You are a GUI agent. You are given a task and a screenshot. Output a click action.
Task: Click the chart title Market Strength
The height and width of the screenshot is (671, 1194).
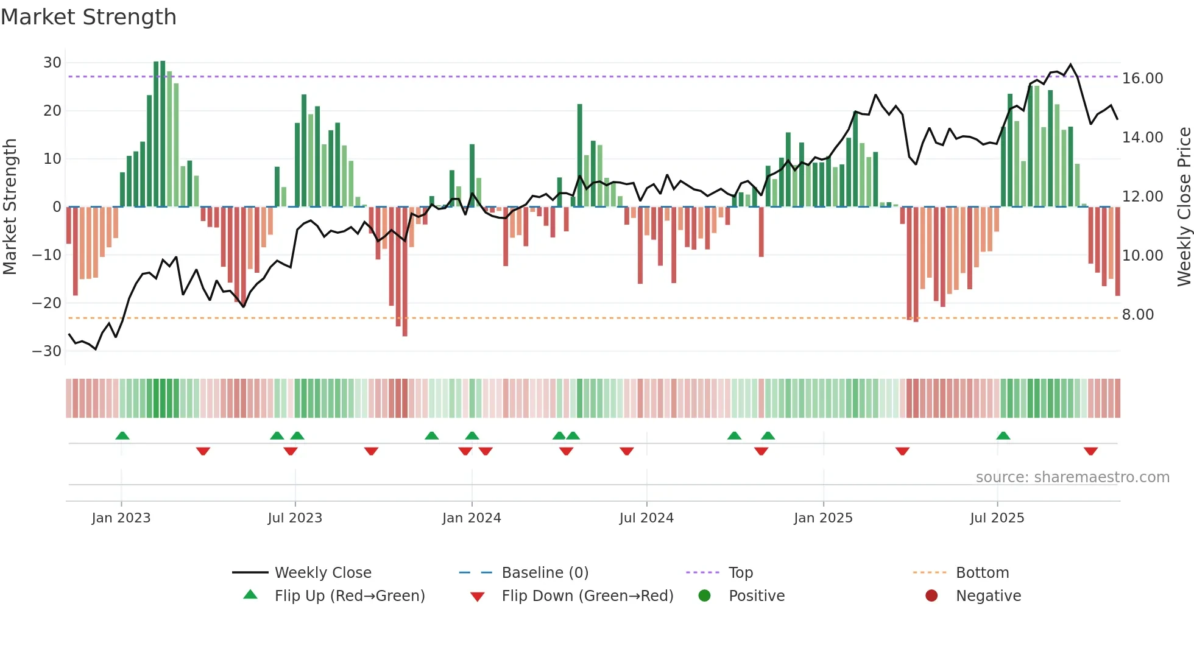coord(88,17)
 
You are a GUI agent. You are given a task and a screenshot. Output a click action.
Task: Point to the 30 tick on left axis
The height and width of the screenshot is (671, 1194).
coord(52,63)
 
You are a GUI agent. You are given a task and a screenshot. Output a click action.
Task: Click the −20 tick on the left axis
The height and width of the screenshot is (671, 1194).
coord(47,303)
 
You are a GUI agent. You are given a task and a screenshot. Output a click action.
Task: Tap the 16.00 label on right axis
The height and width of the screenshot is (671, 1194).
coord(1142,79)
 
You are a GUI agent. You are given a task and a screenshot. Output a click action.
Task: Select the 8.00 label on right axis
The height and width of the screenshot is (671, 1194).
coord(1137,315)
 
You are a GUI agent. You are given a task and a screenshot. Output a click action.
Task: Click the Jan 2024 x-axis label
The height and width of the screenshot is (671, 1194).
coord(472,518)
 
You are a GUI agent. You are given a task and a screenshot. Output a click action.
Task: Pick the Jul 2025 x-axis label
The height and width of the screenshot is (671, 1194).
coord(997,518)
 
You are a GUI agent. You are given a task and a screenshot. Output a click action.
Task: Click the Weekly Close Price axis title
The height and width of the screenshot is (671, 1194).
coord(1184,207)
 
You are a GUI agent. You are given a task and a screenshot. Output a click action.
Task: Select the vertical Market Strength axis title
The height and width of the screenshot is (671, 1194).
coord(10,207)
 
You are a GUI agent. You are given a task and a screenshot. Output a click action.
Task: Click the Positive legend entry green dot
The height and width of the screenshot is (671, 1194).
coord(704,596)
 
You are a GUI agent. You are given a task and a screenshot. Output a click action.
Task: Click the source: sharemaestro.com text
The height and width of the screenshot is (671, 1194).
coord(1072,477)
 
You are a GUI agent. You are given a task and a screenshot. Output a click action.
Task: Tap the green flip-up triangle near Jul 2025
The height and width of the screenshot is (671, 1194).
coord(1003,435)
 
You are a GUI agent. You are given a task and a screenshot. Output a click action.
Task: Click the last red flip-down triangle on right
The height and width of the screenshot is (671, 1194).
coord(1090,451)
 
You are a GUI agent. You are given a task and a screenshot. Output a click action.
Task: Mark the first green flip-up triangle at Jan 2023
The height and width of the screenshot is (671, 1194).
coord(122,435)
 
